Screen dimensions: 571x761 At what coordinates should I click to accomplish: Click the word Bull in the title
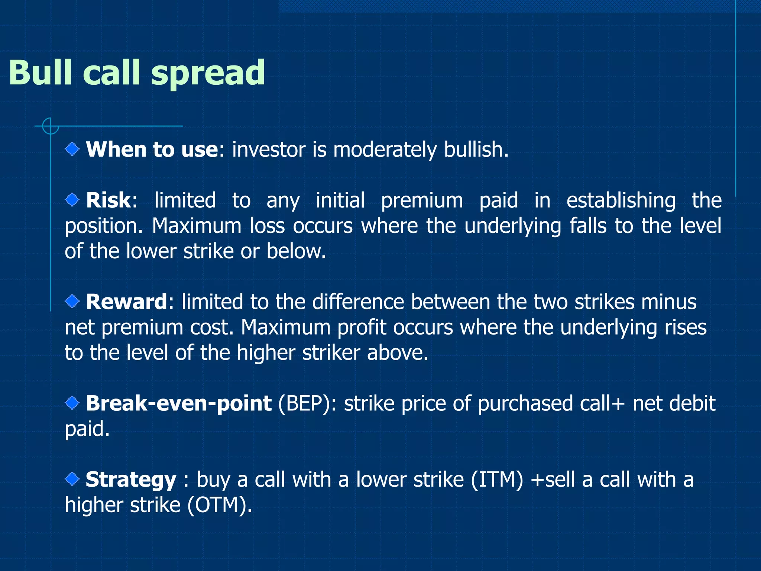point(40,72)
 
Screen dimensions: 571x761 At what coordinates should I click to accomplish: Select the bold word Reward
point(127,301)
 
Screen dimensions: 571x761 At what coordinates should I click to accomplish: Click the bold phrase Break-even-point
point(179,403)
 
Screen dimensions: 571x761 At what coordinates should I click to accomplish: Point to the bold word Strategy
point(131,480)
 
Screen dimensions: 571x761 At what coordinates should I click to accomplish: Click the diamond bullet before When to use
point(72,149)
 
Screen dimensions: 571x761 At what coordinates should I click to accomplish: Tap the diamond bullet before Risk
point(72,200)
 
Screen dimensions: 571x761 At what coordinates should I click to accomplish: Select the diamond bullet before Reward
point(72,301)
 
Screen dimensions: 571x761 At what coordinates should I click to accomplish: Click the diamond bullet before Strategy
point(72,479)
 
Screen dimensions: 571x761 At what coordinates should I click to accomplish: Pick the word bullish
point(476,150)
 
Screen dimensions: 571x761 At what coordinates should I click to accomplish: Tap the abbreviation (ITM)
point(497,480)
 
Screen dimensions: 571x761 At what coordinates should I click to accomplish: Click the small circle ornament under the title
point(51,126)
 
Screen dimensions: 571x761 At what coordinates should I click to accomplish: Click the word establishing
point(621,201)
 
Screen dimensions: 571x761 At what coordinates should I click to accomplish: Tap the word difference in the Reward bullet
point(358,301)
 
